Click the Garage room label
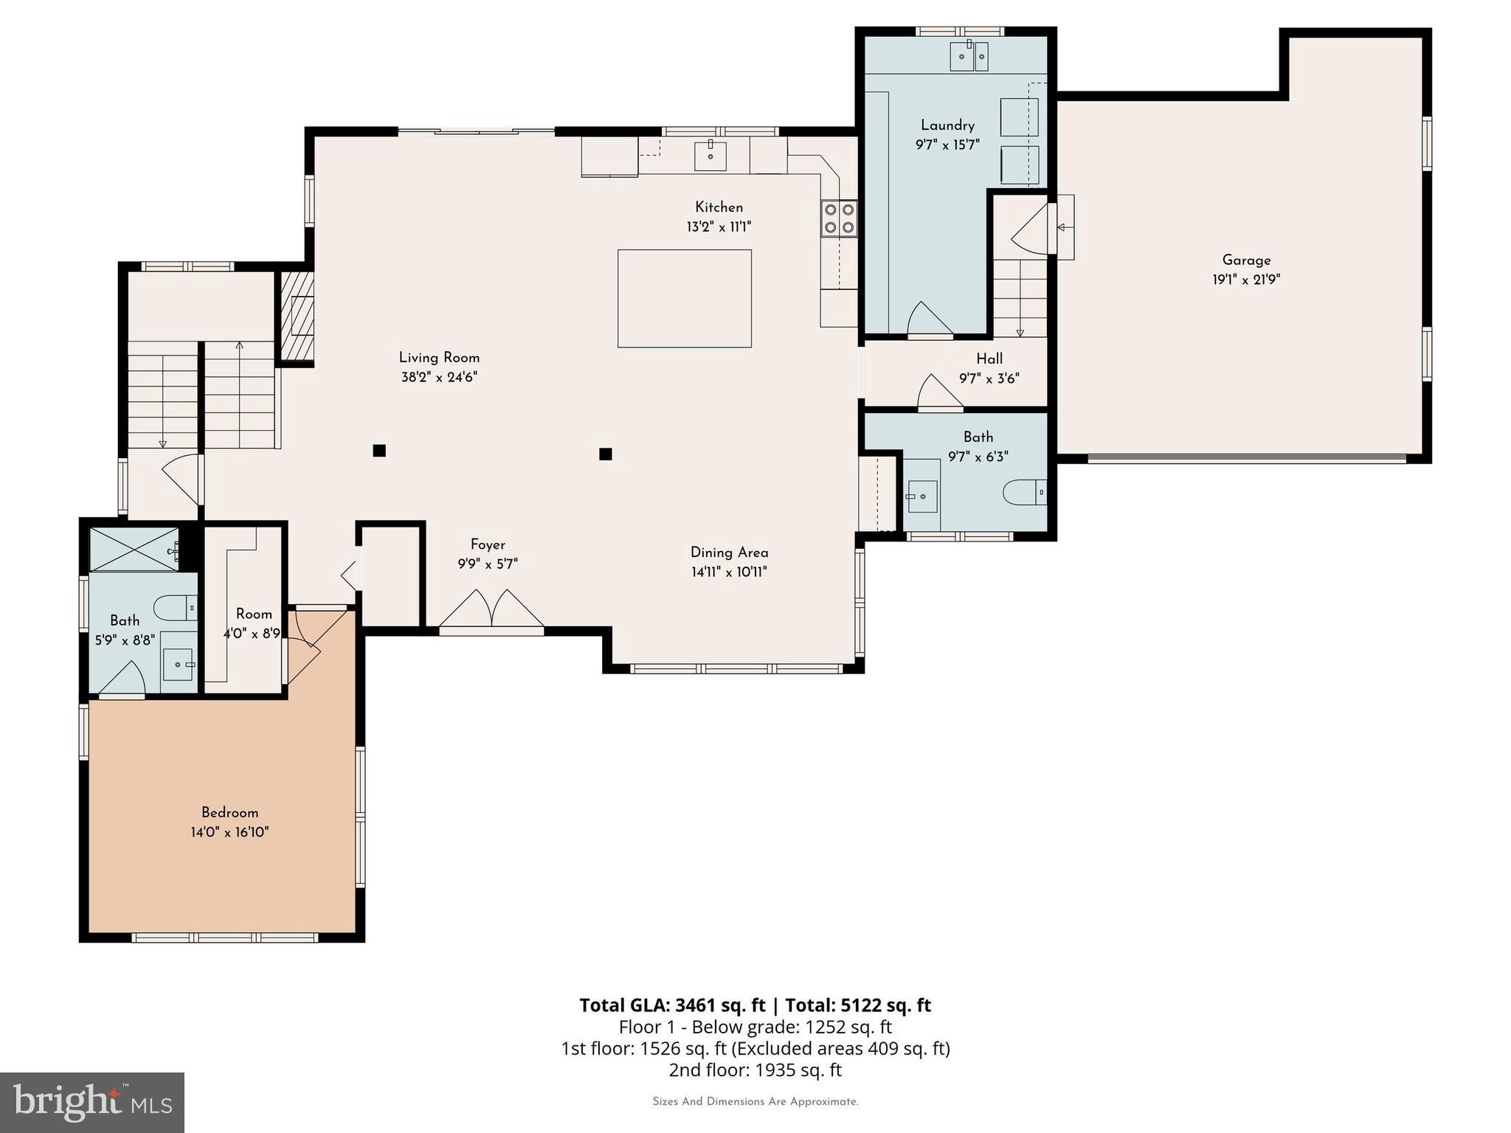[x=1246, y=260]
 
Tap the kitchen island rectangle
[x=684, y=298]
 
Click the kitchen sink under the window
[x=710, y=156]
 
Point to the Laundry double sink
[x=969, y=56]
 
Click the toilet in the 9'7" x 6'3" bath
[x=1026, y=492]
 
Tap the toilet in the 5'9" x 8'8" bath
[x=176, y=608]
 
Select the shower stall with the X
[x=134, y=550]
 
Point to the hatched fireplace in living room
[x=296, y=316]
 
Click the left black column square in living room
[x=379, y=451]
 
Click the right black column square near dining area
[x=606, y=454]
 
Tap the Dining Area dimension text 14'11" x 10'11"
[x=729, y=572]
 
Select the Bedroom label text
[x=229, y=812]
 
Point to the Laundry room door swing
[x=928, y=319]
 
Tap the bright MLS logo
[x=92, y=1102]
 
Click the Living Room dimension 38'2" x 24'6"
[x=439, y=377]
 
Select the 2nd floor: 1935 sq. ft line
[x=755, y=1070]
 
